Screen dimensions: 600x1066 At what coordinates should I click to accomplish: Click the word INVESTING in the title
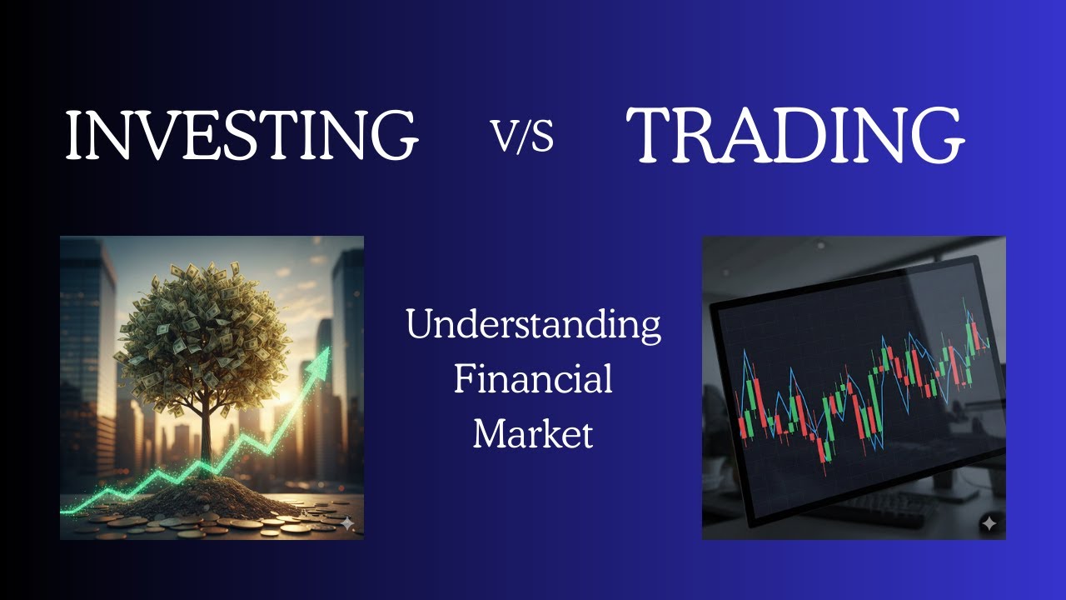tap(242, 134)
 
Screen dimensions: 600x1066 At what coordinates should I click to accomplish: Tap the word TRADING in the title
tap(795, 134)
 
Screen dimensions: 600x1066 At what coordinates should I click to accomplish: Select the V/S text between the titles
tap(523, 136)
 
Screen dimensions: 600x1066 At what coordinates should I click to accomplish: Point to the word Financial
tap(533, 379)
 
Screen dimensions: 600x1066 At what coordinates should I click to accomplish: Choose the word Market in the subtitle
tap(533, 433)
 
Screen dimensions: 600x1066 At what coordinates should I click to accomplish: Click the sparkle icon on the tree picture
tap(347, 523)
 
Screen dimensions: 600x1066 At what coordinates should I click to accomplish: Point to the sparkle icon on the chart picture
tap(989, 523)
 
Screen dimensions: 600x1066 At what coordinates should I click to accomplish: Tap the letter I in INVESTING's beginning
tap(72, 135)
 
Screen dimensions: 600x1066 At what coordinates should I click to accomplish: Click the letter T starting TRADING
tap(650, 135)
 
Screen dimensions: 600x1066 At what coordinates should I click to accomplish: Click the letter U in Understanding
tap(419, 324)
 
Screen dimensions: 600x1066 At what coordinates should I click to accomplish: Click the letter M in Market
tap(490, 433)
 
